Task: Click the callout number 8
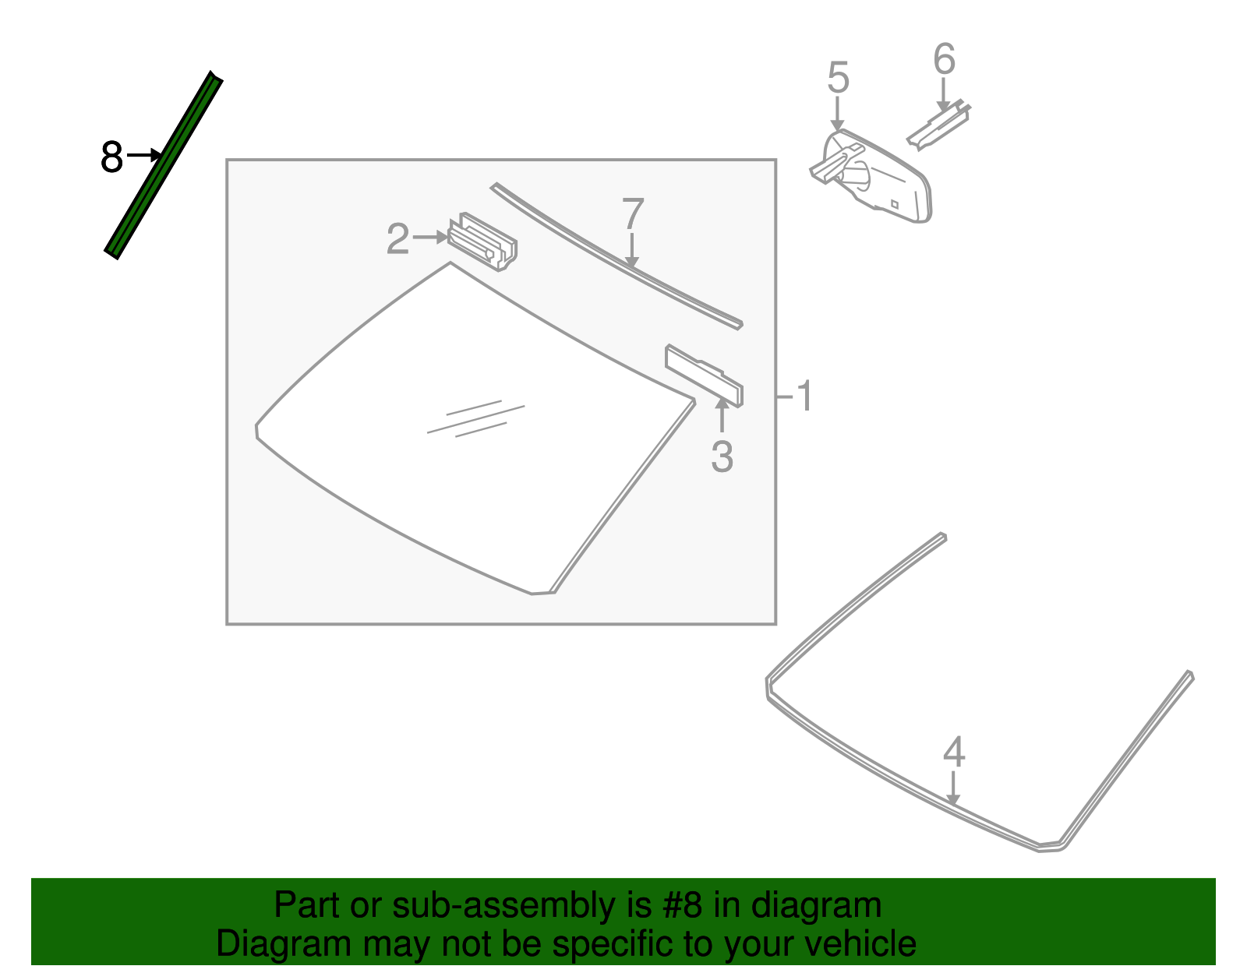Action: [111, 157]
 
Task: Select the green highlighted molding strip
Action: [164, 166]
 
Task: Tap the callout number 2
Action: [397, 239]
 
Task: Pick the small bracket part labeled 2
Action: [483, 241]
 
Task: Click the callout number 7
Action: [633, 214]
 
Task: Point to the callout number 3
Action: [722, 457]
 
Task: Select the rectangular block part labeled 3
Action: [703, 375]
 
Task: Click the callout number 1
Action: [805, 397]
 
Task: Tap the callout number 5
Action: [838, 79]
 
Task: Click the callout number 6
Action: [944, 60]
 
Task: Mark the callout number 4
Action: [954, 753]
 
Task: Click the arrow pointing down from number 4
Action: [952, 787]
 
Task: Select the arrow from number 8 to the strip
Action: [144, 156]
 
